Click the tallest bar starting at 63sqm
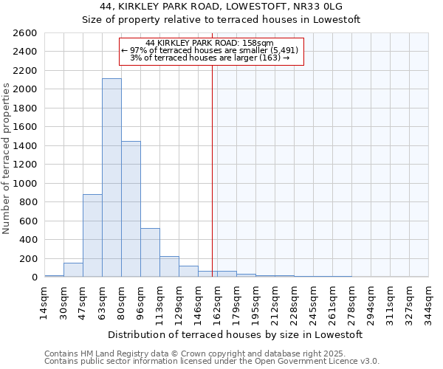pos(111,177)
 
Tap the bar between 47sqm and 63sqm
pos(92,235)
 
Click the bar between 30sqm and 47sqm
pos(73,269)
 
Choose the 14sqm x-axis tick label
pos(44,303)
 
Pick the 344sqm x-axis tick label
pos(428,303)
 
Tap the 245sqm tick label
pos(313,303)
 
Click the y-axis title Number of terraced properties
pos(7,158)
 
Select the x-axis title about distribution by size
pos(235,334)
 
